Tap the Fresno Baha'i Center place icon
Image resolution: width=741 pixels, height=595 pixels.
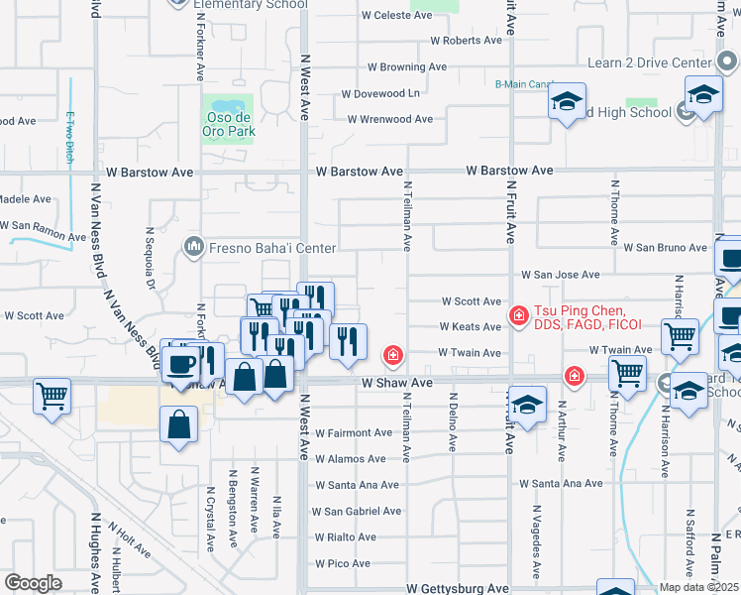[x=193, y=245]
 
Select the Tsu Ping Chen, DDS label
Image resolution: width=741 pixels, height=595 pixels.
[x=588, y=316]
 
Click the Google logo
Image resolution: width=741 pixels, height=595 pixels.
[x=32, y=582]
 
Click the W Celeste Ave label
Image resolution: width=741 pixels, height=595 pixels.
[x=396, y=16]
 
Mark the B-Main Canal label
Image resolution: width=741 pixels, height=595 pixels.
[x=523, y=84]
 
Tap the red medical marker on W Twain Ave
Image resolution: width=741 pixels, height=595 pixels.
[x=393, y=353]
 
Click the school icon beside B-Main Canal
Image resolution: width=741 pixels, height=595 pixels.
[x=568, y=103]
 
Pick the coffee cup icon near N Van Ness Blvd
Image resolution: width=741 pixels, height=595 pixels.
[x=179, y=362]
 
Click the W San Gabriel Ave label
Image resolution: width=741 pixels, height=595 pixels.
[x=357, y=511]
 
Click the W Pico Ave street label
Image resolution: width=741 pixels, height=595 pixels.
[x=344, y=563]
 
